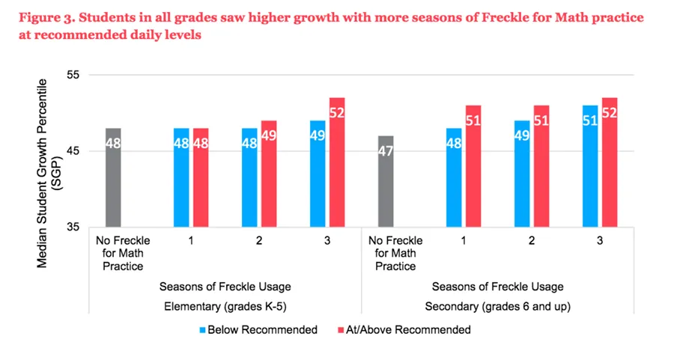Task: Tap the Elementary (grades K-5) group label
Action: (225, 305)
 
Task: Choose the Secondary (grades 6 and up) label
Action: (497, 305)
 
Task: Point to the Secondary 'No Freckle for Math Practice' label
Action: (395, 253)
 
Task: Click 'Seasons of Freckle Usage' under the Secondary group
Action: (497, 286)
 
